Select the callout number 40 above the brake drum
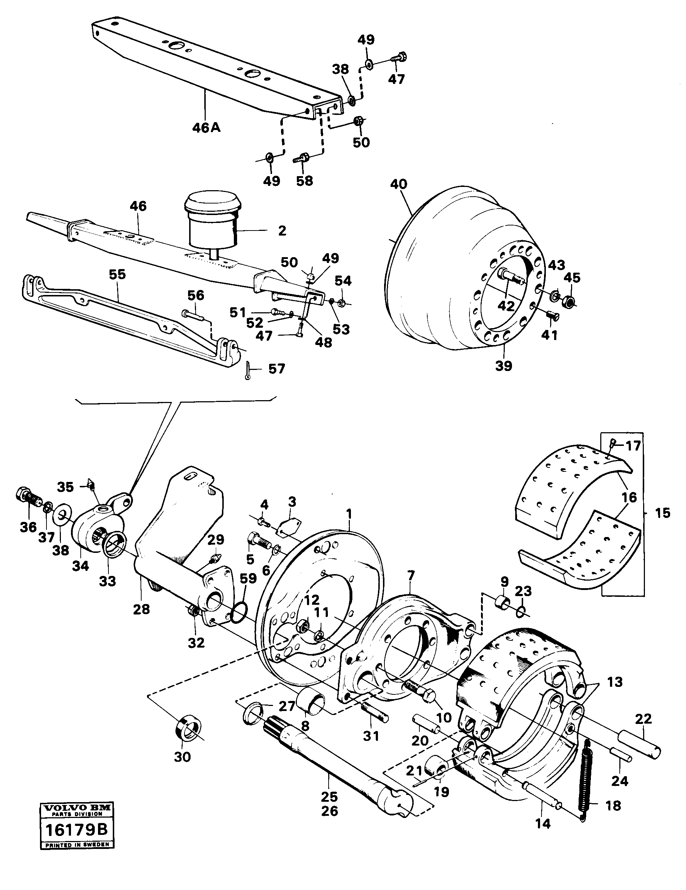pos(398,184)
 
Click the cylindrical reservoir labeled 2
pos(212,222)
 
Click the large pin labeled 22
pos(639,744)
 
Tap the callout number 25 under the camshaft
pos(329,796)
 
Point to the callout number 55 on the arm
pos(117,275)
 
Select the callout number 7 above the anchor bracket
pos(411,576)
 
